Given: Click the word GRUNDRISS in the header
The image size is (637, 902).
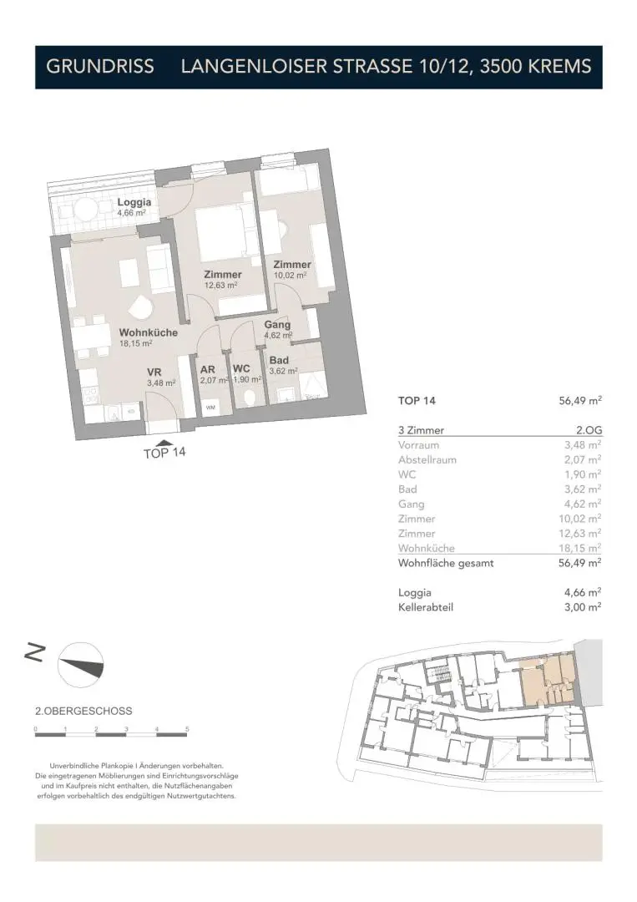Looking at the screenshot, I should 100,67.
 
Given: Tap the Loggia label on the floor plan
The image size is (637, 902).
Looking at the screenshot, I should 134,203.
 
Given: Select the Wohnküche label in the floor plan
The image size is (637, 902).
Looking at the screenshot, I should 148,332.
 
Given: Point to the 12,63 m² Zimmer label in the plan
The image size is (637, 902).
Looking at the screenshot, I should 222,275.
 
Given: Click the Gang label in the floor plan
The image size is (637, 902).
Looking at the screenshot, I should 277,325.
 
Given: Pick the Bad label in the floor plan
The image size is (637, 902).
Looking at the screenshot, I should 278,361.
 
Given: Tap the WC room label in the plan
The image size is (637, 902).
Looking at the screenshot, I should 242,368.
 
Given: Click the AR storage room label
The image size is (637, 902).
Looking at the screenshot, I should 208,368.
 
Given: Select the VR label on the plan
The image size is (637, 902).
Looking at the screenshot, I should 154,372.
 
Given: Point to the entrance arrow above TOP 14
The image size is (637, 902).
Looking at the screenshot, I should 165,443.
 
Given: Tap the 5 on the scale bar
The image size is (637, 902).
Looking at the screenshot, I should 187,729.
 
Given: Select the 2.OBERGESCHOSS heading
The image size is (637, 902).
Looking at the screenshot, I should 83,712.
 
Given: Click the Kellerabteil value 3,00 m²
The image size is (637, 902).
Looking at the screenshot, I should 584,608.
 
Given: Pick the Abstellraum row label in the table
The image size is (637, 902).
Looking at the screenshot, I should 427,460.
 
